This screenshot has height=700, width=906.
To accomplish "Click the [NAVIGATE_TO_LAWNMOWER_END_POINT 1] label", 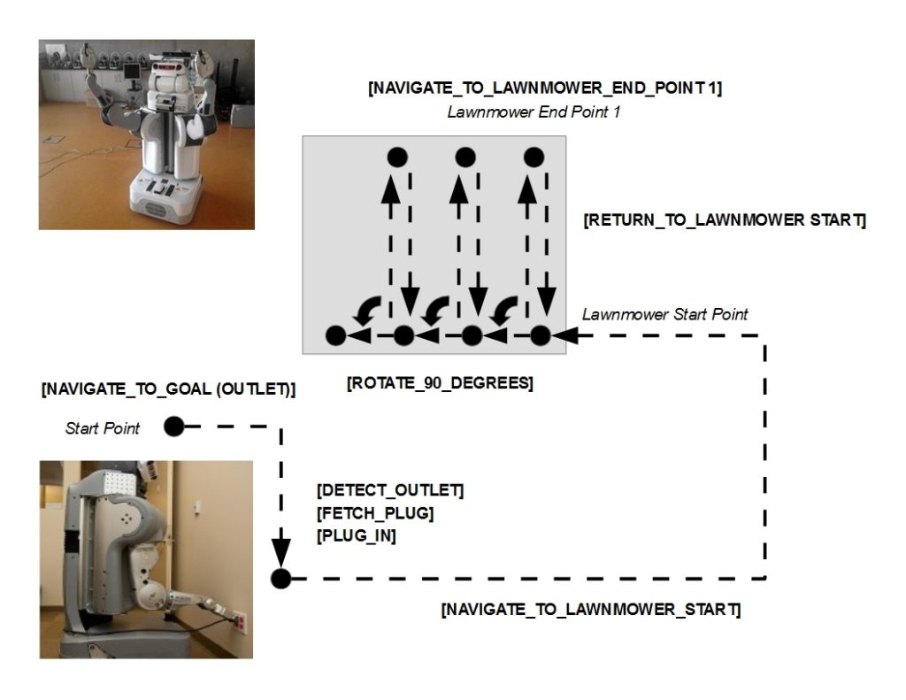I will (x=544, y=88).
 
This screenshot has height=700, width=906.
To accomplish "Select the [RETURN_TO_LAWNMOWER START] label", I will (x=724, y=219).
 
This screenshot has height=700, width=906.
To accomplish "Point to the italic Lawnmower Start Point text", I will (x=664, y=314).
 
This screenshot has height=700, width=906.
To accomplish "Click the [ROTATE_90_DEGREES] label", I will (x=440, y=385).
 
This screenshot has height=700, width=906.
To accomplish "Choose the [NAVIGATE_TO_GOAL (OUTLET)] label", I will (x=168, y=388).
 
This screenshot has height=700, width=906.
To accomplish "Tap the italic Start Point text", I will (x=103, y=428).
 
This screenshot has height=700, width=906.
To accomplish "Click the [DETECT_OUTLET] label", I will (x=389, y=490).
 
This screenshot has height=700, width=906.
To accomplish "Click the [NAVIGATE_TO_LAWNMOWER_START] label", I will (x=590, y=610).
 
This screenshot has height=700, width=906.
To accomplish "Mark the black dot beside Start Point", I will (x=173, y=427).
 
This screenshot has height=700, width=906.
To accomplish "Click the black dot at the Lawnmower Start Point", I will (x=540, y=335).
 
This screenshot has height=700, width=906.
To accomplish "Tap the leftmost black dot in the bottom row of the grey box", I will (x=335, y=335).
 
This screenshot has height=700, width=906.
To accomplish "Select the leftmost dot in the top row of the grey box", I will (x=397, y=158).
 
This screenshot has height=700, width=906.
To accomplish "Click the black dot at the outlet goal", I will (x=280, y=579).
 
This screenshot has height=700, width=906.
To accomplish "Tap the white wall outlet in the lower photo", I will (x=239, y=622).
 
